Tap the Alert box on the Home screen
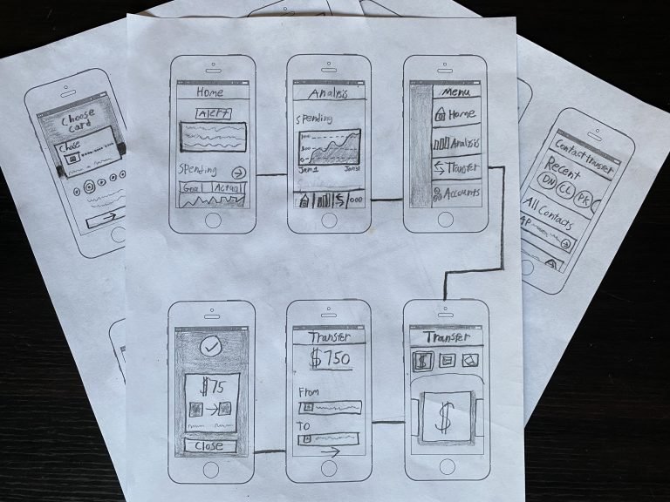pos(212,113)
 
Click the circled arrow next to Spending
pos(240,172)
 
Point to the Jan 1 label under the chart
pos(306,171)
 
